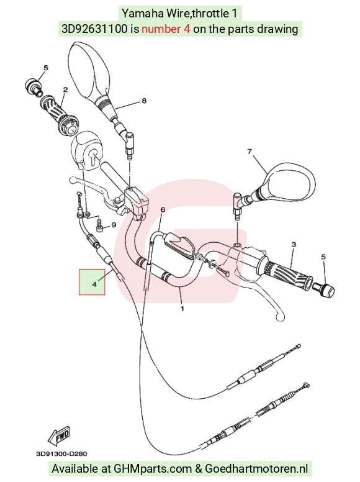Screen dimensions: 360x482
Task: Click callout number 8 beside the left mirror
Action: click(x=144, y=101)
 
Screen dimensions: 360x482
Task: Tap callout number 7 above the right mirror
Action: click(x=250, y=151)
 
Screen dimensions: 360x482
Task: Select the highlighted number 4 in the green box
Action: click(x=94, y=284)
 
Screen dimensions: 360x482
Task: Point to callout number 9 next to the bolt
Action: click(x=114, y=225)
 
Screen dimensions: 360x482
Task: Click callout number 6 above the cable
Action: click(x=163, y=210)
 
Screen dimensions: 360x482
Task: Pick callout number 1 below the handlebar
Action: click(x=182, y=308)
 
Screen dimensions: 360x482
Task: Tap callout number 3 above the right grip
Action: click(x=294, y=244)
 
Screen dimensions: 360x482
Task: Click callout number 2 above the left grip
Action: click(x=65, y=90)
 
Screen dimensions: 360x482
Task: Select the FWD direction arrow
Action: click(x=59, y=435)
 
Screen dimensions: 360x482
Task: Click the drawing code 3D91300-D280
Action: click(x=61, y=453)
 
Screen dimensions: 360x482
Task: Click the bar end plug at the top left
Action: click(x=33, y=86)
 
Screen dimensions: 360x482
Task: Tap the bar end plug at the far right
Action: click(x=324, y=290)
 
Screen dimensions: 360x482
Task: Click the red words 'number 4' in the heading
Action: click(x=166, y=29)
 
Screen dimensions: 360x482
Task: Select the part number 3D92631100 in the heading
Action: click(x=94, y=29)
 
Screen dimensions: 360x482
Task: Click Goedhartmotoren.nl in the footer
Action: click(x=256, y=468)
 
